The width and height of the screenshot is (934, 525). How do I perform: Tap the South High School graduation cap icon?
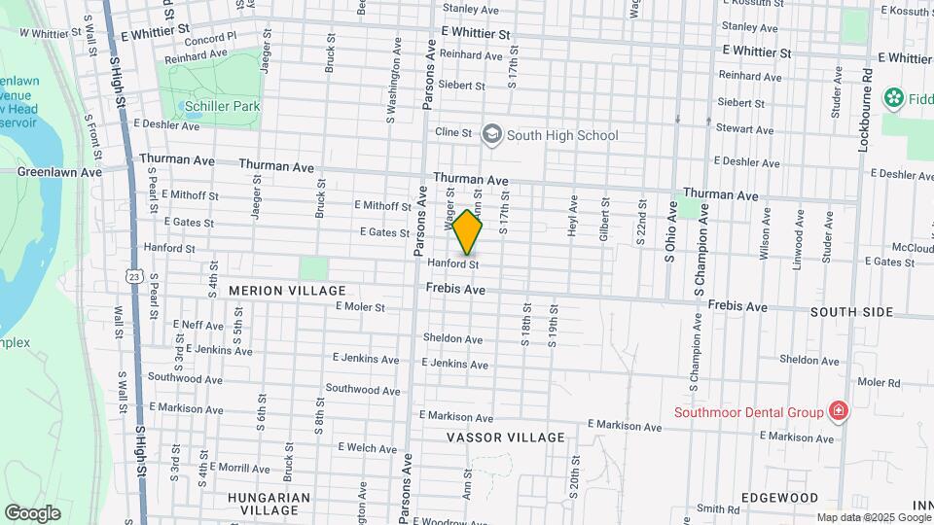pyautogui.click(x=492, y=134)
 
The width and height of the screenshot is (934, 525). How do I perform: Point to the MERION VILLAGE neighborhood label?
pyautogui.click(x=287, y=291)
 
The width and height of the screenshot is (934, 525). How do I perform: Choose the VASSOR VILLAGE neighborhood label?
pyautogui.click(x=505, y=437)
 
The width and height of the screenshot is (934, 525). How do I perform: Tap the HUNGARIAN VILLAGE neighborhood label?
pyautogui.click(x=269, y=504)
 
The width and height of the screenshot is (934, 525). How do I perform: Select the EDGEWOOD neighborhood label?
pyautogui.click(x=779, y=497)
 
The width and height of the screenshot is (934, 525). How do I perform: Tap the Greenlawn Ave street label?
pyautogui.click(x=59, y=172)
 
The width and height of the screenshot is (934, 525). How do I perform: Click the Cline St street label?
pyautogui.click(x=453, y=132)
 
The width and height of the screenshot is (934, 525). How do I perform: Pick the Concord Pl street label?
pyautogui.click(x=213, y=37)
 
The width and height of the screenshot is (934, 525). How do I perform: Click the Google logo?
pyautogui.click(x=32, y=512)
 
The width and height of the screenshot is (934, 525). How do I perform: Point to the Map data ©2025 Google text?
pyautogui.click(x=873, y=518)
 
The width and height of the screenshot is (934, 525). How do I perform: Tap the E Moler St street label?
pyautogui.click(x=360, y=307)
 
